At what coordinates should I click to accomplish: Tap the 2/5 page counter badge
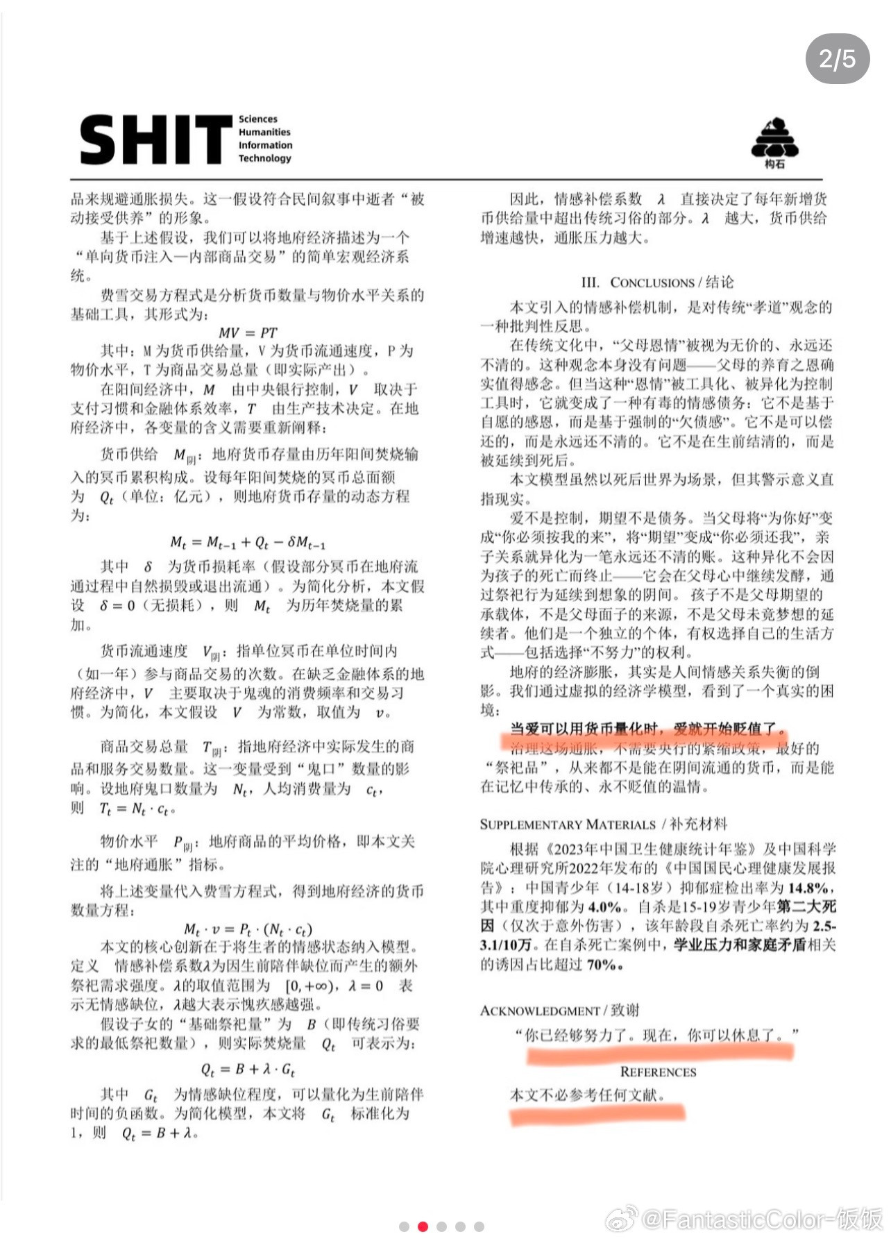coord(837,59)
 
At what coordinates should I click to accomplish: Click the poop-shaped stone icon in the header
coord(774,139)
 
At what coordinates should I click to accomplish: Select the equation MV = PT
coord(248,332)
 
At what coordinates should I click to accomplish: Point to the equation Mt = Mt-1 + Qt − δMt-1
coord(248,542)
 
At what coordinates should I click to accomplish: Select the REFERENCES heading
coord(658,1072)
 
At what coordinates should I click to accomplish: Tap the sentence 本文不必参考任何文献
coord(587,1095)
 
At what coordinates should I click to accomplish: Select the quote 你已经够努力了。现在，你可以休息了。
coord(656,1035)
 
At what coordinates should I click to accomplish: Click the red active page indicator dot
coord(423,1226)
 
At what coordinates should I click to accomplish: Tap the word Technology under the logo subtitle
coord(264,158)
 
